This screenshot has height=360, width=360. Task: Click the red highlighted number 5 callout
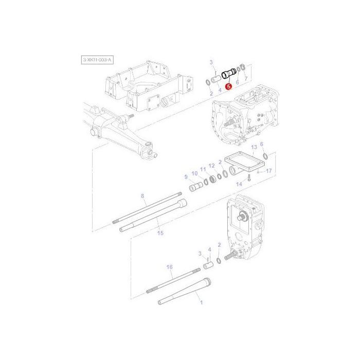coord(228,87)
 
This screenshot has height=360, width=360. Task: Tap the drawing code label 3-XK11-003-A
coord(97,60)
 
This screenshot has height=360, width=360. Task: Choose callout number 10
coord(194,173)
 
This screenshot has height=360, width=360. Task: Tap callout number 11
coord(203,169)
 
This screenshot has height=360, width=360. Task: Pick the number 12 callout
coord(211,166)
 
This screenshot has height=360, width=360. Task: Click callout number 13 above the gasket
coord(253,147)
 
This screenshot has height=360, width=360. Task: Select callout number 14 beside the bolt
coord(239,183)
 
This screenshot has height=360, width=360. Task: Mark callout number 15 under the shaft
coord(160,233)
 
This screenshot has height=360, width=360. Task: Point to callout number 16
coord(170,267)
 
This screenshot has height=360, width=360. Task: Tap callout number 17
coord(268,171)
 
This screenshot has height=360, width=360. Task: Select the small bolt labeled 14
coord(248,178)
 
